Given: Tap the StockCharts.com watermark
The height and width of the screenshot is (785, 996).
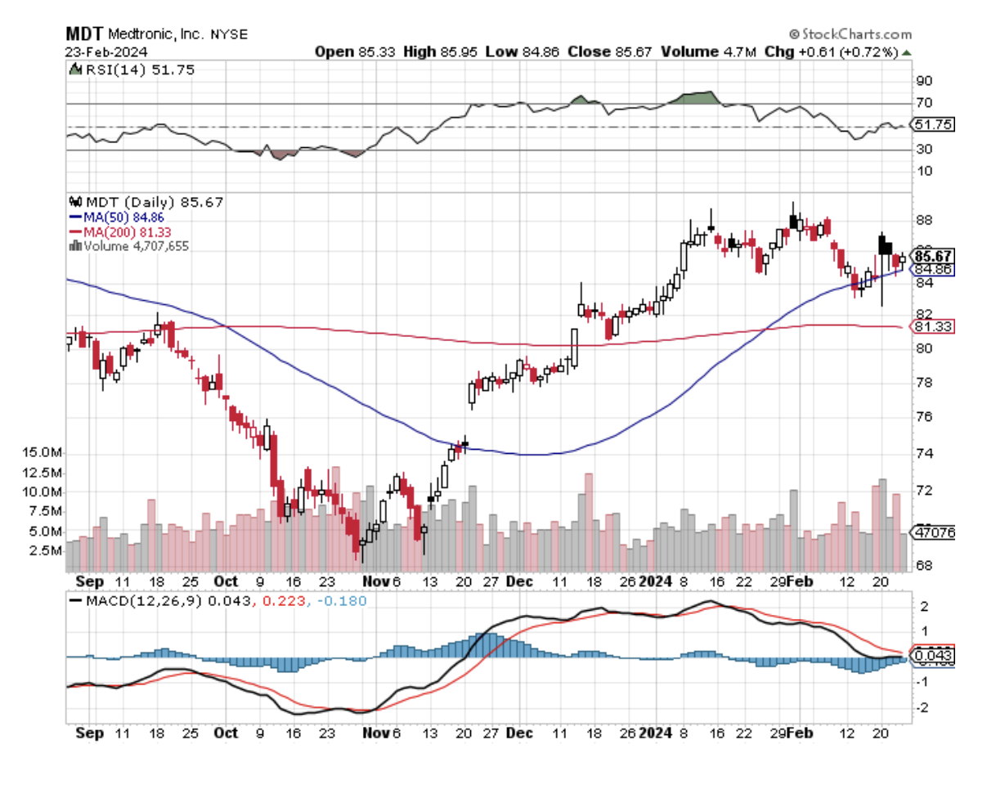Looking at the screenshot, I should coord(850,34).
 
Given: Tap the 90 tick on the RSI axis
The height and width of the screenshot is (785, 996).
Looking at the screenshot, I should coord(924,81).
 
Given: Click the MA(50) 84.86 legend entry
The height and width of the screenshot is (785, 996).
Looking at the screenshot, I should coord(126,218).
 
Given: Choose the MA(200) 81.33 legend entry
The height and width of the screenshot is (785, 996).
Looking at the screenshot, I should coord(128,231).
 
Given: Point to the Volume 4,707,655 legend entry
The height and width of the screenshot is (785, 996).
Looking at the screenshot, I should coord(135,244).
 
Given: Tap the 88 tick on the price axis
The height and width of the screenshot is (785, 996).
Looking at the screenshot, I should coord(924,220).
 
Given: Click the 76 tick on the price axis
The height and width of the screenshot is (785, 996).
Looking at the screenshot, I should coord(924,417).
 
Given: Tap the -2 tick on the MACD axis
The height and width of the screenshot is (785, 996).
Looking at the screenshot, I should coord(924,707).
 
